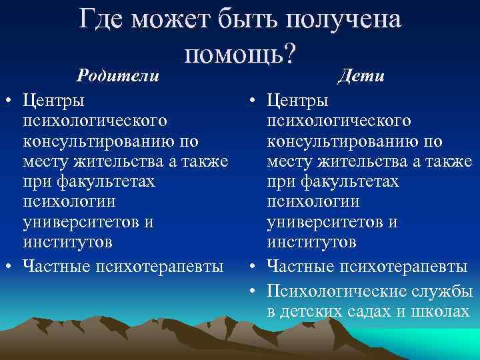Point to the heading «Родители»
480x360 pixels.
point(118,75)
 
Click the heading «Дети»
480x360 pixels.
point(361,75)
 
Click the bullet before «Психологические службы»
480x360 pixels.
point(255,291)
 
